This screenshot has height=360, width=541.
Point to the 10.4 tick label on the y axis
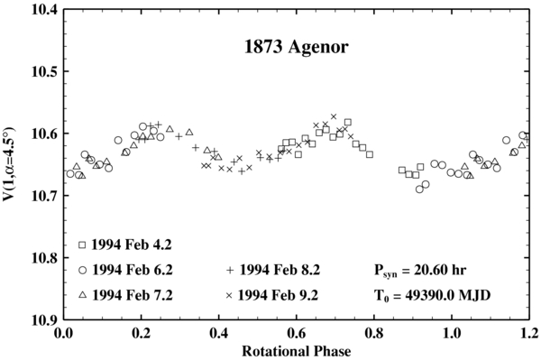coord(41,10)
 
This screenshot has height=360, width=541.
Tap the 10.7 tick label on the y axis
coord(41,196)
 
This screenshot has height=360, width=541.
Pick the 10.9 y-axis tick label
coord(41,320)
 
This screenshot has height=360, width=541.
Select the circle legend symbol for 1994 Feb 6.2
coord(82,270)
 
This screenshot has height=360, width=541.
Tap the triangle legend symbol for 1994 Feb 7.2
coord(82,294)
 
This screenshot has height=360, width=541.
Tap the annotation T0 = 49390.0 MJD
coord(432,295)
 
